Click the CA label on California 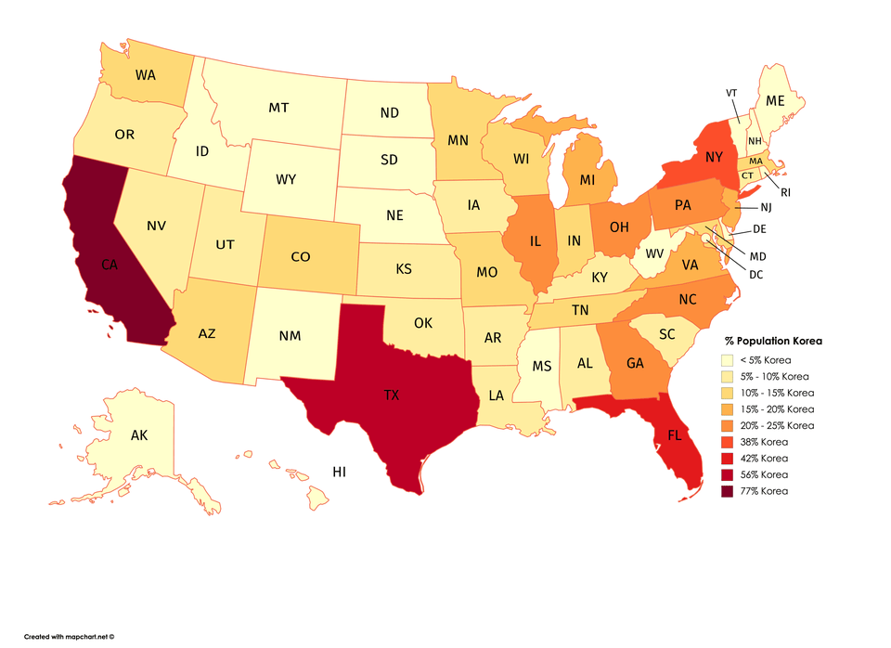click(x=110, y=265)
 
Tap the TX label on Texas click(x=392, y=395)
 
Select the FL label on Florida click(x=674, y=434)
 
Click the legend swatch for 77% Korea click(x=729, y=491)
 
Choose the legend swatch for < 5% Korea click(x=729, y=360)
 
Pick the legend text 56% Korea click(x=765, y=474)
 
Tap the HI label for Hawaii click(x=340, y=473)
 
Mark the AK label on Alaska click(x=139, y=434)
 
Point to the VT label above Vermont click(x=731, y=92)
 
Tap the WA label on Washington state click(x=145, y=74)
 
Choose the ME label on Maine click(x=774, y=100)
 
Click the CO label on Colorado click(x=300, y=257)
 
